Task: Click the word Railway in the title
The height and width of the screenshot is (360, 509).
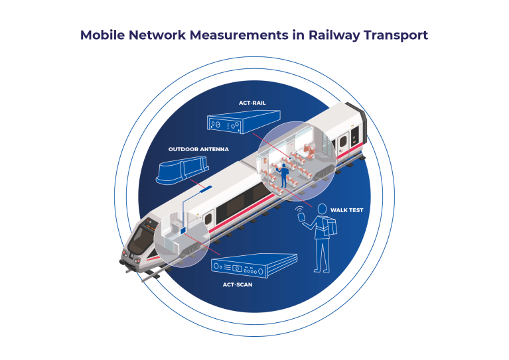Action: pos(334,35)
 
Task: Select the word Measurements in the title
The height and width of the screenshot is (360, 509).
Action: pos(239,35)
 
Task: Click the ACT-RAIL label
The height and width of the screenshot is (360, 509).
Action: pos(252,103)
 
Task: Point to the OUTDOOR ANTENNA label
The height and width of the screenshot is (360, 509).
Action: pos(198,149)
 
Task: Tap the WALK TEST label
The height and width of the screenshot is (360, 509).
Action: pos(346,210)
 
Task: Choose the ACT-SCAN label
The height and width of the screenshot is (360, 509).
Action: pos(238,285)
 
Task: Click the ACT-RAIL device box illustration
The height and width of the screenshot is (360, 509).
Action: pos(244,121)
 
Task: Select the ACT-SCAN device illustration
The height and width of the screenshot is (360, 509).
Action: pos(254,266)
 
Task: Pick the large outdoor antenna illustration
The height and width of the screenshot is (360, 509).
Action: pos(182,170)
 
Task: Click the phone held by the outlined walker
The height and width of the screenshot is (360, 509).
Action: pos(302,216)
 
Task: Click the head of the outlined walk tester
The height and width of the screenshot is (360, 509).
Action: pos(322,209)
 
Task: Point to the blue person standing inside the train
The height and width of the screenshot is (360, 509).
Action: pos(284,175)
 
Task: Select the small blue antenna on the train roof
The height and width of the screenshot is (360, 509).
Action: pos(206,189)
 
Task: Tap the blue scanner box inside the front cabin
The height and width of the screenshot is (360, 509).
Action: pos(182,230)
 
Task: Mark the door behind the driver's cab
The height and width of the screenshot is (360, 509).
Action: pos(208,218)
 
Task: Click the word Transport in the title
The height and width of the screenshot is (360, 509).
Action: pos(396,35)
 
